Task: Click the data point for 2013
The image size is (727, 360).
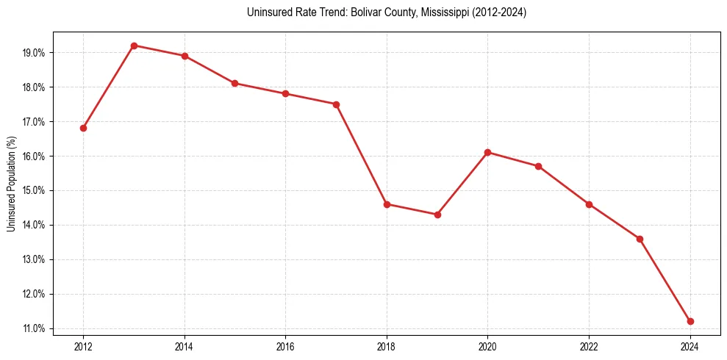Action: point(134,46)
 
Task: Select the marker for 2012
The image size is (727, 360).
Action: point(83,128)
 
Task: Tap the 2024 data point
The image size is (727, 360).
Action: point(690,321)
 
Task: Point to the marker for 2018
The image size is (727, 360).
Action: point(387,204)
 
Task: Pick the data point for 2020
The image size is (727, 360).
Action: point(488,152)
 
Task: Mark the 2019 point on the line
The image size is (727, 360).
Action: point(437,215)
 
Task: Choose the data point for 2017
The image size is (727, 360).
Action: point(336,104)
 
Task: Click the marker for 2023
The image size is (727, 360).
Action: point(640,239)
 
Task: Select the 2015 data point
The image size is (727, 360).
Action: point(234,83)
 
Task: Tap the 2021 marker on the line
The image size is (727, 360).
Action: point(538,166)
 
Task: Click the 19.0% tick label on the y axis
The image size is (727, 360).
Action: point(34,53)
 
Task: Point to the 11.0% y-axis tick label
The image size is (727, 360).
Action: point(34,328)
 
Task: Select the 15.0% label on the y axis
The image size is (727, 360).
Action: point(34,190)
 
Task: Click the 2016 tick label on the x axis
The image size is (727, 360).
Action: point(285,345)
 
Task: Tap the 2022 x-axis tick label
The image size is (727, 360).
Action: point(589,345)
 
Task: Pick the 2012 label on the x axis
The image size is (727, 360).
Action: point(83,345)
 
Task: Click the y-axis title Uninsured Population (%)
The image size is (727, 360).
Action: point(12,184)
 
